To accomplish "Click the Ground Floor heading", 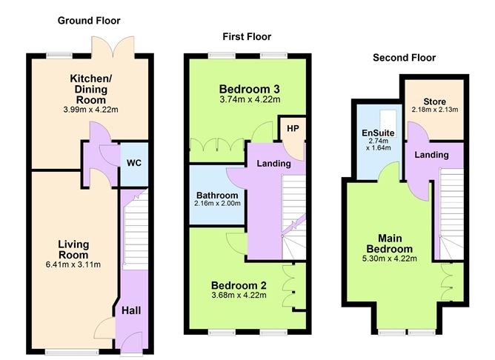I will point(89,21).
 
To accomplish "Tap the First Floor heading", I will point(247,36).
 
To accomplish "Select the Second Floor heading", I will point(404,57).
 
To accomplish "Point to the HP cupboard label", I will point(291,128).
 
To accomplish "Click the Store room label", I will point(435,101).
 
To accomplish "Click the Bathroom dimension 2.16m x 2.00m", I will point(217,204).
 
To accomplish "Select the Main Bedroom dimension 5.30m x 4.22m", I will point(392,259).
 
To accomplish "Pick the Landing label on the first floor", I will point(273,163).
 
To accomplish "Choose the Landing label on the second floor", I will point(431,155).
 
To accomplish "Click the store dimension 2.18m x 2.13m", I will point(435,110).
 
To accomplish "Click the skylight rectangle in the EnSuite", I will point(386,118).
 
